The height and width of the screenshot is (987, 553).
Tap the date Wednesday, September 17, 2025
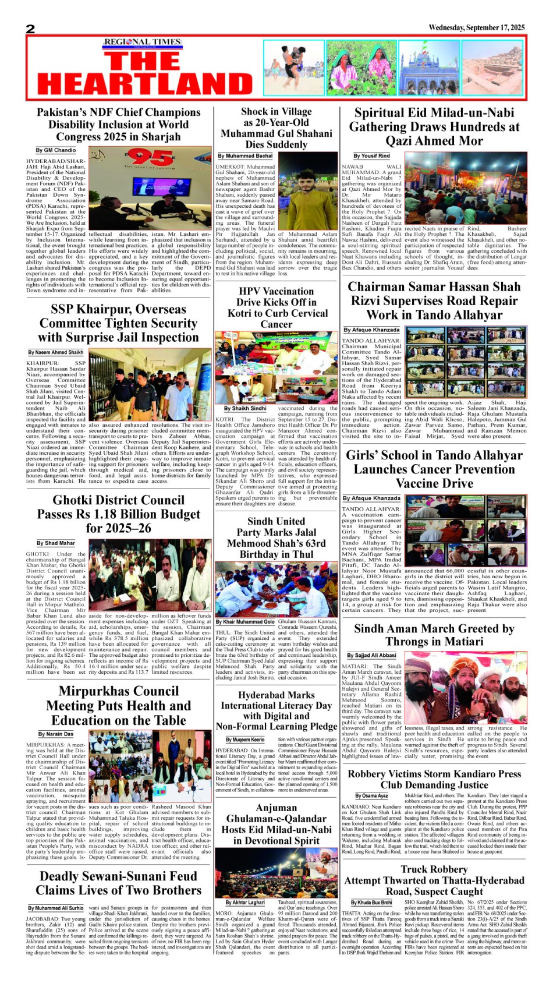(x=476, y=27)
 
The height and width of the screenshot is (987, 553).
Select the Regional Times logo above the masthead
(x=142, y=42)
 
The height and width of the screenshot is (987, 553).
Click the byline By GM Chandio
(x=56, y=150)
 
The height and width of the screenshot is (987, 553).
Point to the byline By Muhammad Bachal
(x=245, y=156)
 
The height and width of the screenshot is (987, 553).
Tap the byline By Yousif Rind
(x=371, y=156)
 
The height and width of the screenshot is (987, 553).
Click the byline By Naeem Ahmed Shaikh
(x=56, y=352)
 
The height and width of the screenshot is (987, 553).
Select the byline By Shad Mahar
(x=56, y=543)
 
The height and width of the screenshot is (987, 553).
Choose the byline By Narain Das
(x=56, y=734)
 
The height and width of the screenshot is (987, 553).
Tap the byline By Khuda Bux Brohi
(x=371, y=903)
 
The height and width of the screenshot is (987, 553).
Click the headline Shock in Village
(x=276, y=112)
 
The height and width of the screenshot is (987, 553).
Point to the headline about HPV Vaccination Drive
(x=276, y=307)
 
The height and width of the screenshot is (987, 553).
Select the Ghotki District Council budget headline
(x=118, y=514)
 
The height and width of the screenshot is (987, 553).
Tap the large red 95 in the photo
(x=150, y=158)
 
